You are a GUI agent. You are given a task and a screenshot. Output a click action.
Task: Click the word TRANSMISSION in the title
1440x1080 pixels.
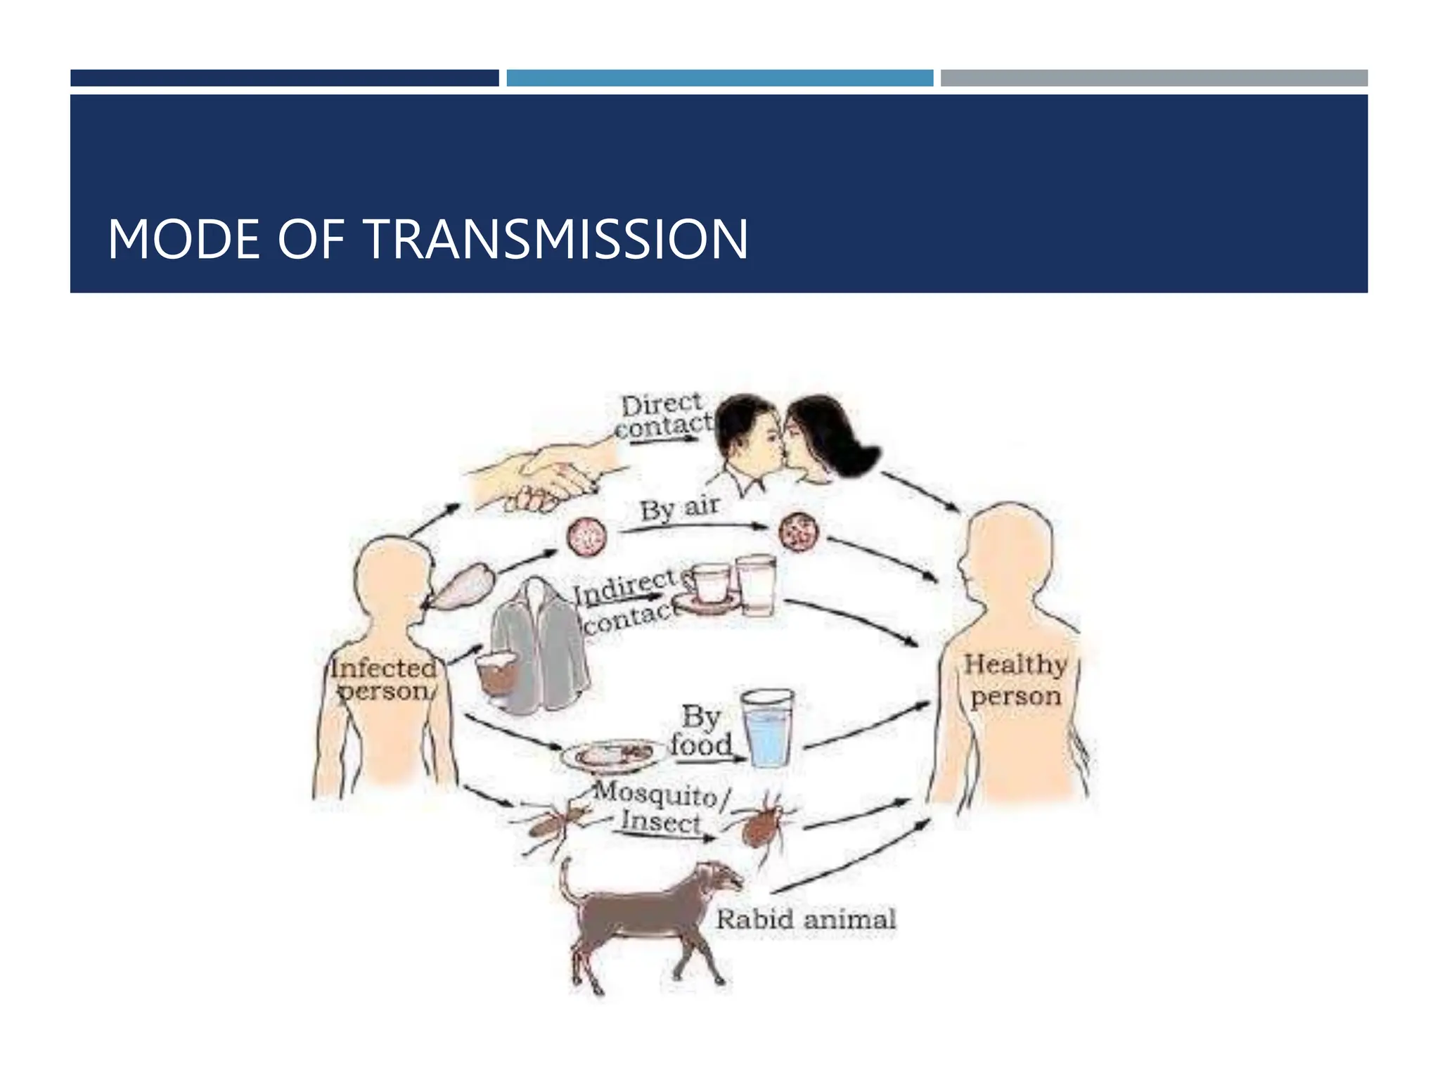[556, 240]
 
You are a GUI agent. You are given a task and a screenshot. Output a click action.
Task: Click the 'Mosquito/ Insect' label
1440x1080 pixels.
[661, 809]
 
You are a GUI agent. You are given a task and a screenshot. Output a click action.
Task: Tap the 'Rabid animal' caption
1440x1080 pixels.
[806, 919]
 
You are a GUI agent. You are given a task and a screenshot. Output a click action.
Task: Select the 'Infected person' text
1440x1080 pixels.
[384, 679]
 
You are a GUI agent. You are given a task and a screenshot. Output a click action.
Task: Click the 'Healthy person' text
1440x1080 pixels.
[1015, 680]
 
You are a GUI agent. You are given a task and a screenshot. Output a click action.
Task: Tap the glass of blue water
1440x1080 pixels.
[769, 730]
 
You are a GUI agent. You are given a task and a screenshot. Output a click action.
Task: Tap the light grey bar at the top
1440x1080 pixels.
[1154, 78]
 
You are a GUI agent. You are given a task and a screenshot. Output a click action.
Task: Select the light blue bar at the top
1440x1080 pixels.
[719, 78]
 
